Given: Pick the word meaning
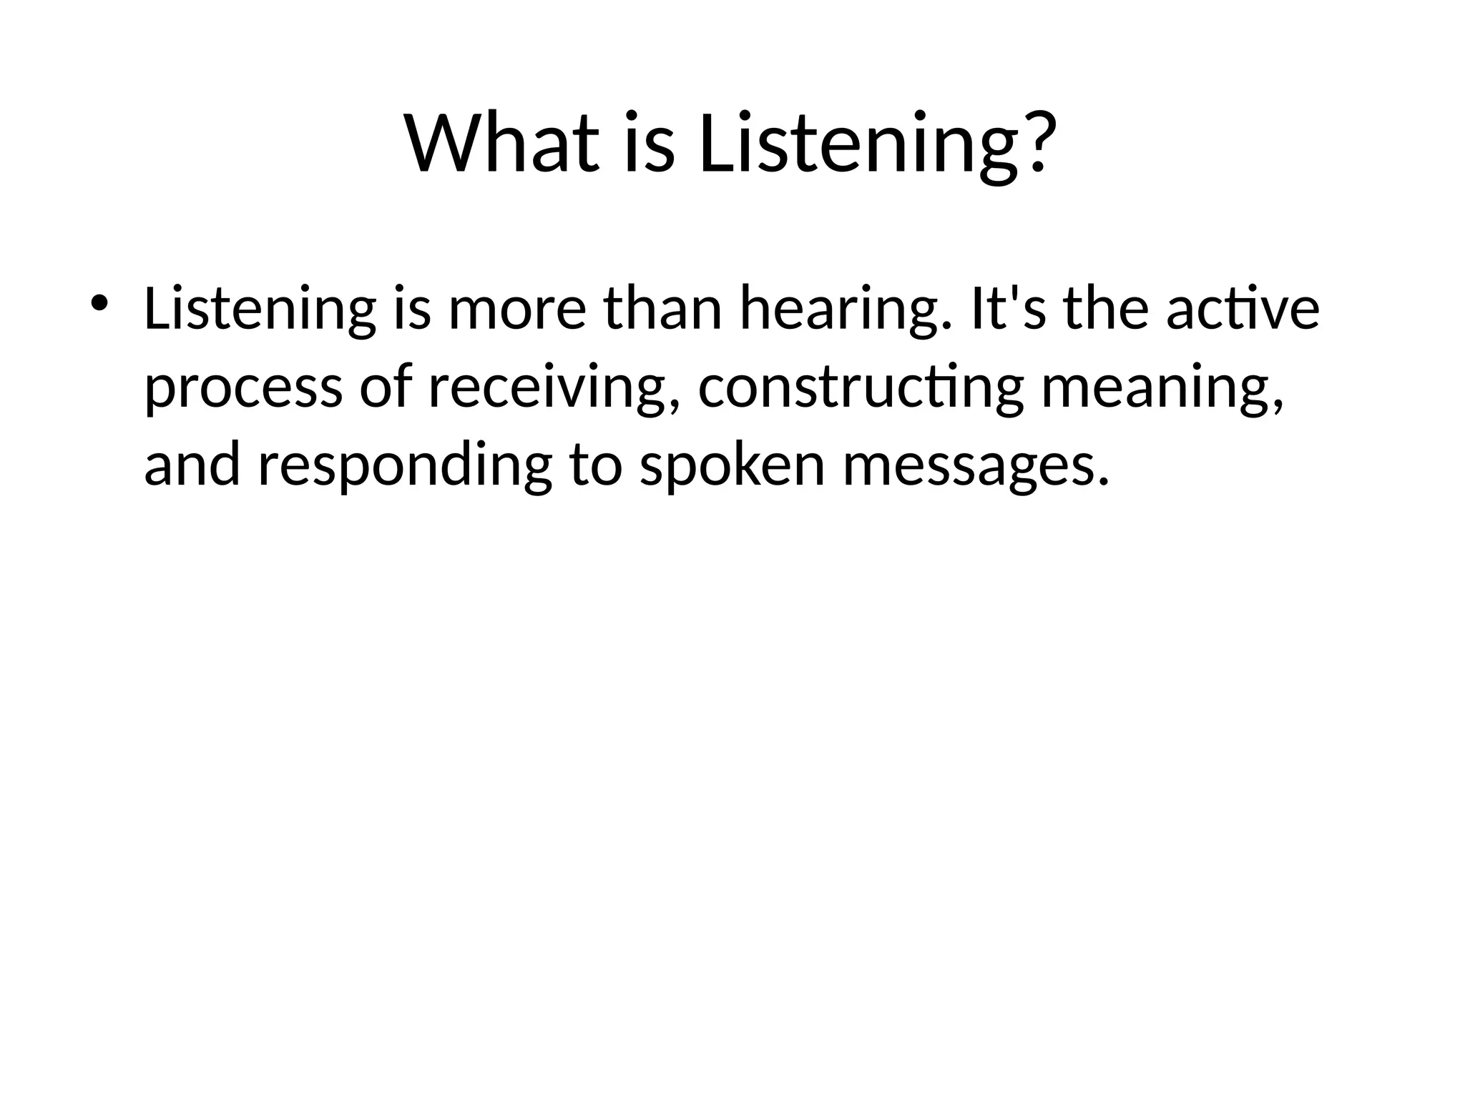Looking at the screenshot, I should (1162, 388).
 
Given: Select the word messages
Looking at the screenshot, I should (976, 466).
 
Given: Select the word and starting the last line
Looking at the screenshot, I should (192, 466).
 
